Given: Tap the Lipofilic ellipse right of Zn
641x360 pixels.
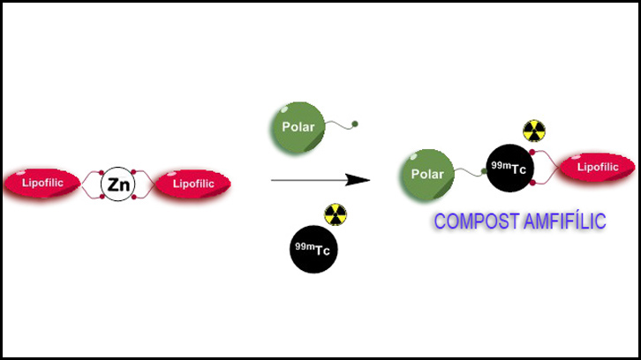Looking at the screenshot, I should [x=192, y=184].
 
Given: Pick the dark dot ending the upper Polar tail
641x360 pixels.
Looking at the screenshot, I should [x=355, y=124].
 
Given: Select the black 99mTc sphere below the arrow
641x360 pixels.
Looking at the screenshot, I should [x=313, y=250].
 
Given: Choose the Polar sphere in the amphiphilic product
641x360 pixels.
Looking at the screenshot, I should [x=427, y=173].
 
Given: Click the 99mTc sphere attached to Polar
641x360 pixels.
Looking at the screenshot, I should [x=512, y=169].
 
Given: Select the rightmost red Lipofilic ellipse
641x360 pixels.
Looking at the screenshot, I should [x=596, y=167].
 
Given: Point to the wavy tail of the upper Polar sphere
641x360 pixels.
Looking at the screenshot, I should [x=340, y=129].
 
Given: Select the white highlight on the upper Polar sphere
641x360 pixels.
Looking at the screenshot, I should [x=281, y=109].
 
